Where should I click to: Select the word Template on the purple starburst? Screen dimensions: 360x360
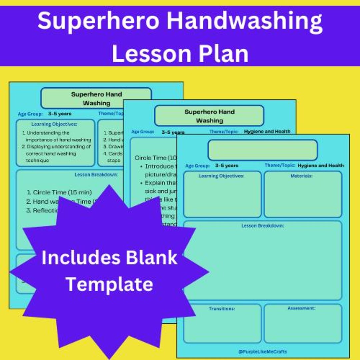tap(109, 284)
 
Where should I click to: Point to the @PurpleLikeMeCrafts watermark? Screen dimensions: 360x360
tap(263, 351)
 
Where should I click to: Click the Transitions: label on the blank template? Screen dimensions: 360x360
tap(222, 309)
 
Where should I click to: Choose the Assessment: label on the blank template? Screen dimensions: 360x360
tap(301, 308)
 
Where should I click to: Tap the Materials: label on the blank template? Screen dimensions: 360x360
tap(301, 176)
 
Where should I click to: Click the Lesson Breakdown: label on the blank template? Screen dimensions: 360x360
tap(263, 226)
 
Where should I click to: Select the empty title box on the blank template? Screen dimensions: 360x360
tap(263, 150)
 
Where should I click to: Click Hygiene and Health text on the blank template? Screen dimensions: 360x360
tap(321, 165)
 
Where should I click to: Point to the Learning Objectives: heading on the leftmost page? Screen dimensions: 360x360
tap(54, 124)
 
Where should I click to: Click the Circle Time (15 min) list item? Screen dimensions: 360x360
tap(62, 192)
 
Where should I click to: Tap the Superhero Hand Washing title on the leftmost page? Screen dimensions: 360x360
tap(96, 99)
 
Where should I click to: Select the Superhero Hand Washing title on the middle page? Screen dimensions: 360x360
tap(209, 116)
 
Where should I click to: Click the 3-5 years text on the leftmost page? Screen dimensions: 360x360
tap(60, 114)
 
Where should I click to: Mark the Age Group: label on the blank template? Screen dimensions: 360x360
tap(198, 166)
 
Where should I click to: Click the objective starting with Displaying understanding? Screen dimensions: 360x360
tap(58, 153)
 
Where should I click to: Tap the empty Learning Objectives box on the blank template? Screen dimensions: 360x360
tap(222, 197)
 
